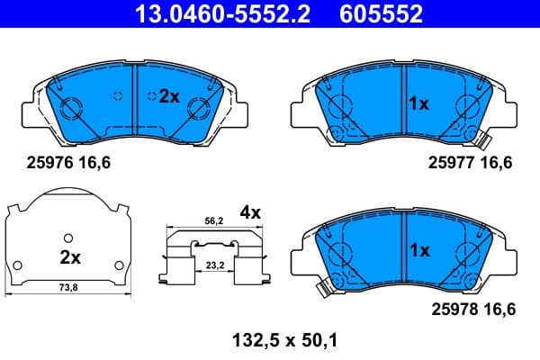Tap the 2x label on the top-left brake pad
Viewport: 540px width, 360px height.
[x=169, y=96]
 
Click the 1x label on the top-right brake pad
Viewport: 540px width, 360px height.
[x=418, y=103]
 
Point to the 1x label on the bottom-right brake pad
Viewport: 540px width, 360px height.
[x=418, y=251]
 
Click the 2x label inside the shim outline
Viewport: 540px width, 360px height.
[x=70, y=256]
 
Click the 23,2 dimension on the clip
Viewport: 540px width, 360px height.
[x=213, y=266]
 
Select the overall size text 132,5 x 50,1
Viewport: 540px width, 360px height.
[x=271, y=340]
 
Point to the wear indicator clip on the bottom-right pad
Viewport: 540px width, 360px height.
[x=321, y=288]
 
